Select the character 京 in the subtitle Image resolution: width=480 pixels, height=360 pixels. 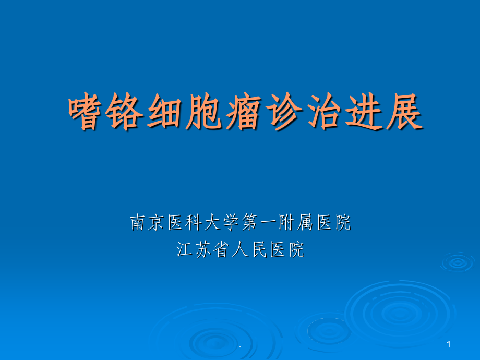tap(157, 223)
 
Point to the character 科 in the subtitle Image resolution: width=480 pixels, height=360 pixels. tap(194, 223)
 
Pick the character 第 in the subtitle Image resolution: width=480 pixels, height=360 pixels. tap(250, 223)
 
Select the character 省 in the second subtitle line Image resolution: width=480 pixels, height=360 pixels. tap(221, 249)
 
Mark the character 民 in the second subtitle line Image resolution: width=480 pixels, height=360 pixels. tap(259, 249)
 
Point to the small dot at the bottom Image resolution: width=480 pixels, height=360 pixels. tap(240, 346)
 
